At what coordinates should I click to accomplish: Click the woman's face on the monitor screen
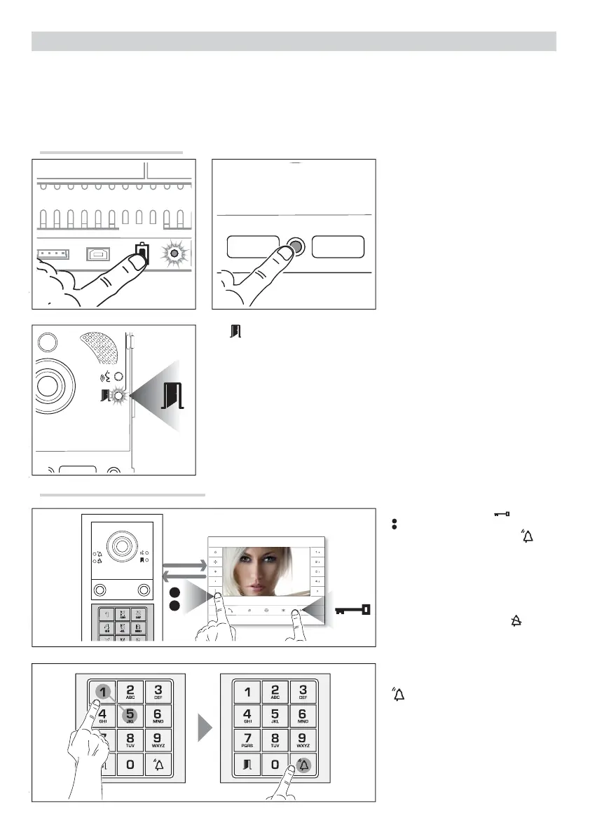pos(265,567)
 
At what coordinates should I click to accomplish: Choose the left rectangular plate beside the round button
pos(254,247)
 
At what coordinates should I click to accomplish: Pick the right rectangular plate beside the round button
pos(338,247)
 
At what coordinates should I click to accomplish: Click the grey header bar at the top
pos(294,41)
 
